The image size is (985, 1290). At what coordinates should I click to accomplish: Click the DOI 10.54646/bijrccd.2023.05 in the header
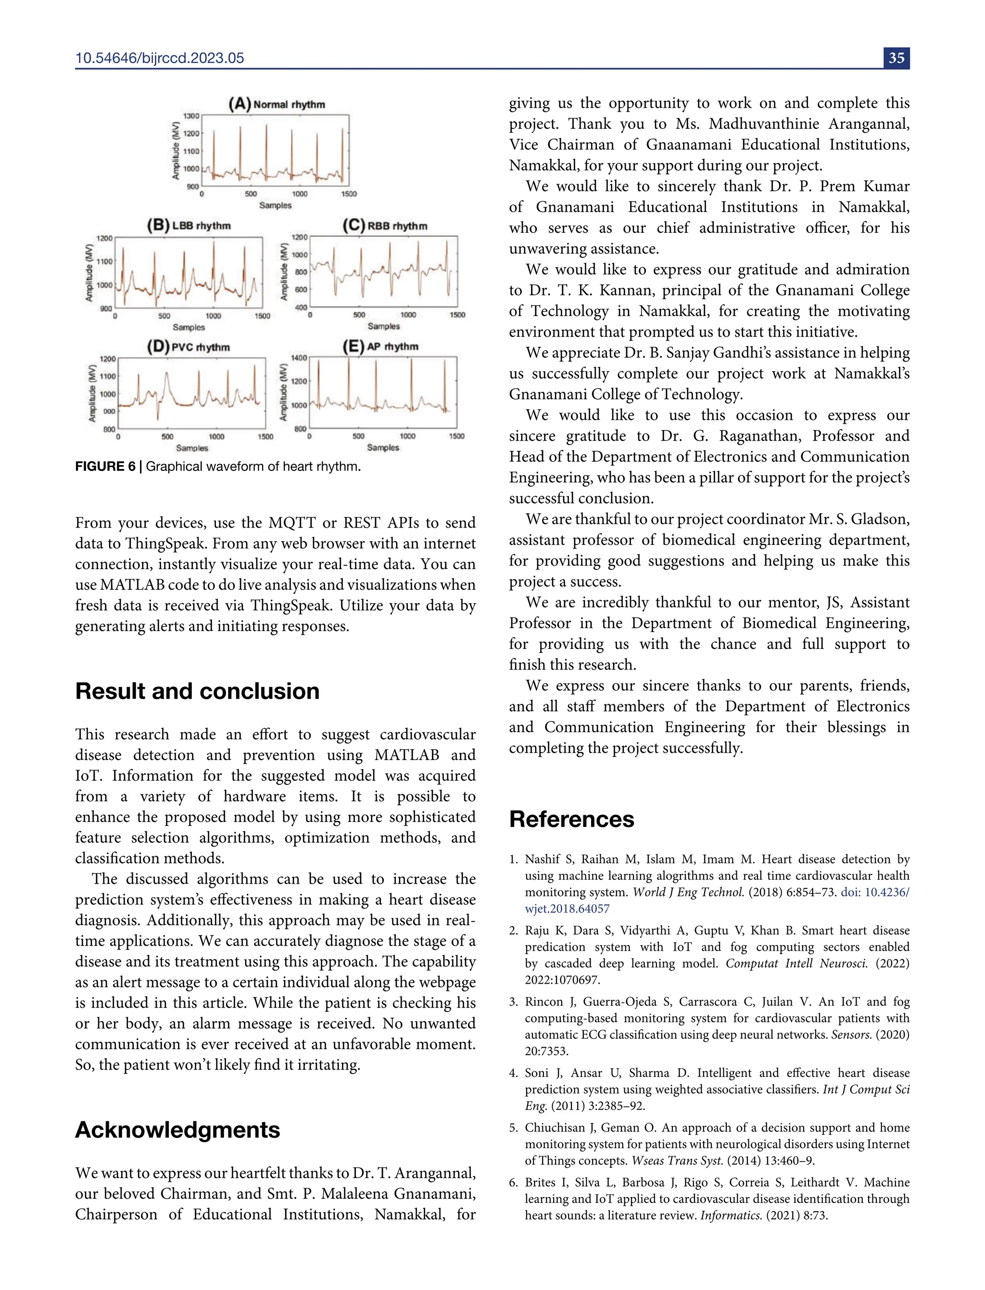pos(160,58)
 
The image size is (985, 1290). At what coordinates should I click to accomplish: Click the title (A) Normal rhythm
pos(277,104)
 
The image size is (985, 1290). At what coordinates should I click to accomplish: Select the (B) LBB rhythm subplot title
pos(189,225)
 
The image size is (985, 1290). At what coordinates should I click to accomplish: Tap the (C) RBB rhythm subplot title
pos(385,225)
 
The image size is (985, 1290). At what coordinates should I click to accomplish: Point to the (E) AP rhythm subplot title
pos(380,346)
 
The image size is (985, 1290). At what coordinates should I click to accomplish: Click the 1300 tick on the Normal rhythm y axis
pos(191,116)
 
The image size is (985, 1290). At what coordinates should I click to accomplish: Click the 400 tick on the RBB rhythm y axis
pos(300,307)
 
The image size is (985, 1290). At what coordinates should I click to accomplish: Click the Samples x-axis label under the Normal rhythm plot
pos(275,205)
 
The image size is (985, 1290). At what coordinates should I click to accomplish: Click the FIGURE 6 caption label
pos(105,466)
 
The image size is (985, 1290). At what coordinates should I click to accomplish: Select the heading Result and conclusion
pos(197,691)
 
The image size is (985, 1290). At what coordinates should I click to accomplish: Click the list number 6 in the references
pos(513,1183)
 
